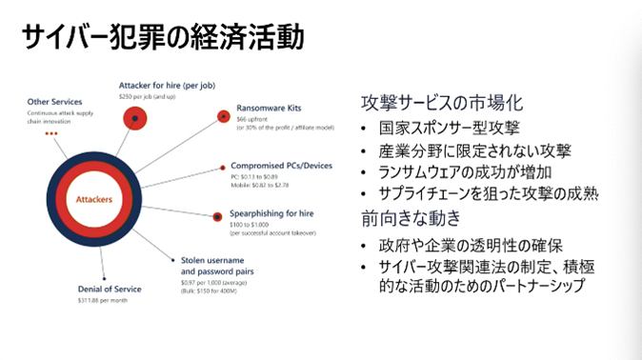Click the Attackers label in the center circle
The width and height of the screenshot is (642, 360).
pos(94,199)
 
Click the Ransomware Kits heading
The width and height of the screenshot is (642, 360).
pos(266,109)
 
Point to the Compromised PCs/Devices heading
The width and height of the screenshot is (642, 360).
pos(281,166)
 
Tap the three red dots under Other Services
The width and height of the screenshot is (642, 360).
pos(51,133)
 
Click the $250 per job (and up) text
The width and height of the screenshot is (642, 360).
pos(149,97)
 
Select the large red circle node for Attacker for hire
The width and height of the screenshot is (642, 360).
pos(137,118)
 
